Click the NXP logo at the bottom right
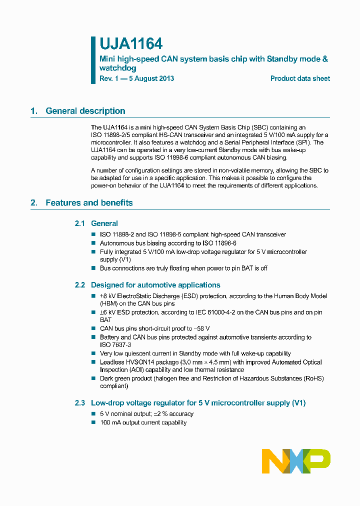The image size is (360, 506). [296, 460]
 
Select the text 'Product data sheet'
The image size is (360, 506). [300, 78]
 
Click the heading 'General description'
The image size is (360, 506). [85, 111]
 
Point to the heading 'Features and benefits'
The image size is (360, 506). [89, 202]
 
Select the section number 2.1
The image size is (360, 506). [80, 223]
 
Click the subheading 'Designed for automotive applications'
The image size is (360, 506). [155, 285]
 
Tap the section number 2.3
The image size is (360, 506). [80, 403]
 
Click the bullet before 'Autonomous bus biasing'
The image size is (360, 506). [93, 243]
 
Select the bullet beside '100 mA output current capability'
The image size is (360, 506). [93, 422]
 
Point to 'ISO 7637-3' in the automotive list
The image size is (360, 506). [115, 345]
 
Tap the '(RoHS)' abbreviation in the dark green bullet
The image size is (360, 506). [313, 378]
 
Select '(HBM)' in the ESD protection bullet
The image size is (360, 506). [109, 303]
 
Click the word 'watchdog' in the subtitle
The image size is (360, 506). [118, 68]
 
